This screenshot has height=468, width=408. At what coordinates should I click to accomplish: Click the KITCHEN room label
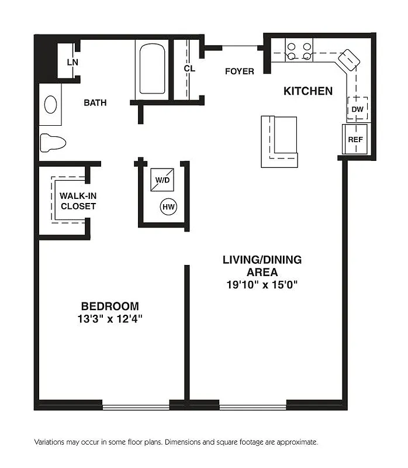pyautogui.click(x=308, y=91)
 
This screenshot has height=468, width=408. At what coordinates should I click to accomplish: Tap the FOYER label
pyautogui.click(x=240, y=71)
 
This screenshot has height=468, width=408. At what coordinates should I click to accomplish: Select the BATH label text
pyautogui.click(x=95, y=102)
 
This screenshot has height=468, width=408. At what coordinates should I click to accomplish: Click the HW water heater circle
pyautogui.click(x=169, y=207)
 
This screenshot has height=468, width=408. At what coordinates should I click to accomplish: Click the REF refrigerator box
pyautogui.click(x=355, y=140)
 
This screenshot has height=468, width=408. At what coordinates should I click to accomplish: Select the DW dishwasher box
pyautogui.click(x=357, y=109)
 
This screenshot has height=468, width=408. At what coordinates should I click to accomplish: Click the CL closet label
pyautogui.click(x=189, y=68)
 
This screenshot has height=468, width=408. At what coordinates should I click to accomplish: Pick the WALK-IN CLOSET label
pyautogui.click(x=77, y=201)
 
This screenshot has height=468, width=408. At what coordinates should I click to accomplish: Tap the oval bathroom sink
pyautogui.click(x=51, y=105)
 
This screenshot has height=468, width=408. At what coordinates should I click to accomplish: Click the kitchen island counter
pyautogui.click(x=279, y=141)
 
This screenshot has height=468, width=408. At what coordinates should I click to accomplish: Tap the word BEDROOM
pyautogui.click(x=110, y=306)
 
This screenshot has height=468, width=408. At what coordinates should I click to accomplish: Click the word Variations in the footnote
pyautogui.click(x=52, y=442)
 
